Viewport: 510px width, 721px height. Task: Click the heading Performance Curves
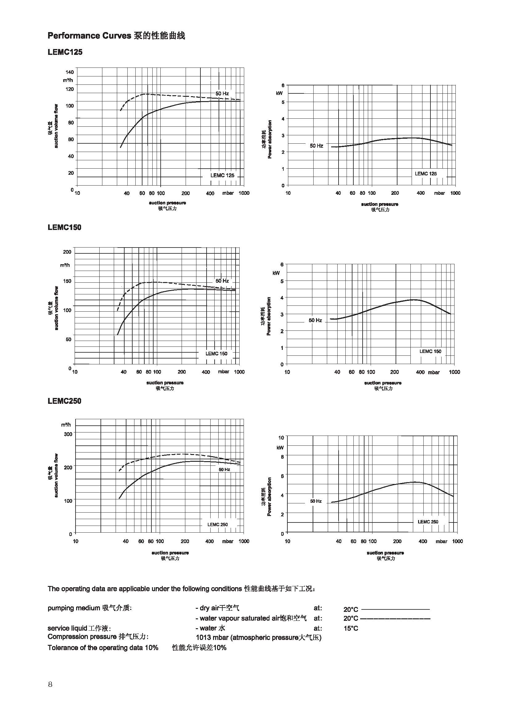(x=89, y=36)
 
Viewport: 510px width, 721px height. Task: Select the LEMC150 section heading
(x=64, y=227)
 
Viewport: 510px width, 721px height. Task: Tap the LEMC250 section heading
(x=64, y=401)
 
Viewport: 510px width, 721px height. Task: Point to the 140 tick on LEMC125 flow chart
(x=70, y=72)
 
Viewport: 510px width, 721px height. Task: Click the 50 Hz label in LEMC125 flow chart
(x=222, y=94)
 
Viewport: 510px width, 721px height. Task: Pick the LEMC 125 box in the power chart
(x=426, y=174)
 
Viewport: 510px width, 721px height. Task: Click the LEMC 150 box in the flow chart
(x=216, y=354)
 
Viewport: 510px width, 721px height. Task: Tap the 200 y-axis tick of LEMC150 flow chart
(x=67, y=252)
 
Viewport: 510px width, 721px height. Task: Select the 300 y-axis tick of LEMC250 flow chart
(x=68, y=434)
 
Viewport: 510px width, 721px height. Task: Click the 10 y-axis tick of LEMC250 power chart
(x=281, y=437)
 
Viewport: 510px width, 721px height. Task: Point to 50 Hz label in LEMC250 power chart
(x=316, y=501)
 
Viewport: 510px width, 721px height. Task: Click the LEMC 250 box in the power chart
(x=428, y=522)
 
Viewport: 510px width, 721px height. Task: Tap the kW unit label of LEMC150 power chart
(x=276, y=273)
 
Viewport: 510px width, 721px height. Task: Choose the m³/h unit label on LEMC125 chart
(x=68, y=80)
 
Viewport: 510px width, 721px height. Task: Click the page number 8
(x=50, y=685)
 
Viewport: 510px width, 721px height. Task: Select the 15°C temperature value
(x=351, y=628)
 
